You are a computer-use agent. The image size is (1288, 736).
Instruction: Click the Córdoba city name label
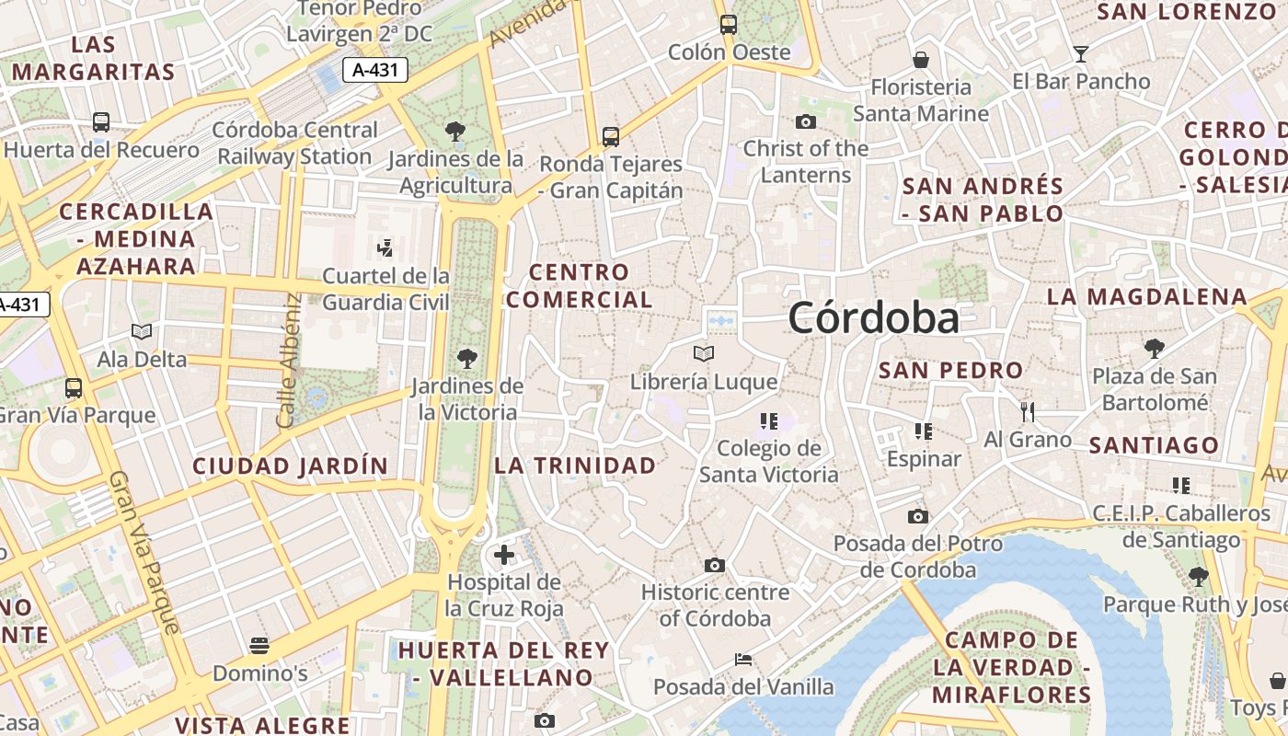pyautogui.click(x=873, y=318)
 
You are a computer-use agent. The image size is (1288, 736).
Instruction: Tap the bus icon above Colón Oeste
pyautogui.click(x=729, y=25)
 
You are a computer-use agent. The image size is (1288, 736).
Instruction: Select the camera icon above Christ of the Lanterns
pyautogui.click(x=806, y=121)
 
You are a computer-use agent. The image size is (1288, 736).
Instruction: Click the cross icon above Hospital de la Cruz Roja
pyautogui.click(x=504, y=555)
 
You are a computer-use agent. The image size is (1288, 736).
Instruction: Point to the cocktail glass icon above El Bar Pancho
pyautogui.click(x=1081, y=54)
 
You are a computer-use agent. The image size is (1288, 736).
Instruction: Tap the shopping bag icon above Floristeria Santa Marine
pyautogui.click(x=921, y=60)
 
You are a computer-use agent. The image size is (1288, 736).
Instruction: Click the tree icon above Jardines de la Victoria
pyautogui.click(x=467, y=359)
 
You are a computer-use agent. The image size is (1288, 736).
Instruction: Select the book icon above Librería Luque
pyautogui.click(x=704, y=353)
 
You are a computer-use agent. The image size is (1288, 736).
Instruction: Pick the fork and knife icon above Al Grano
pyautogui.click(x=1028, y=411)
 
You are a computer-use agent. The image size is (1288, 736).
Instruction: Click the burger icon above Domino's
pyautogui.click(x=259, y=645)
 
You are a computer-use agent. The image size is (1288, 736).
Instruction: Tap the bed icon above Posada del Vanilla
pyautogui.click(x=743, y=659)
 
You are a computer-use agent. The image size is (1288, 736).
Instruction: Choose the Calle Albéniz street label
pyautogui.click(x=288, y=361)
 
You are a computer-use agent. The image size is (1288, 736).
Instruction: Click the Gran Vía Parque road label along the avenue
pyautogui.click(x=144, y=552)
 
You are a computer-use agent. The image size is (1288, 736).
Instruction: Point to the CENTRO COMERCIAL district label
pyautogui.click(x=579, y=286)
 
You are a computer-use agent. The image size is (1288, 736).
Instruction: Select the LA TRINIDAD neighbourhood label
pyautogui.click(x=575, y=466)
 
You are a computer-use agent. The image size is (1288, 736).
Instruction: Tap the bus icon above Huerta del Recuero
pyautogui.click(x=101, y=121)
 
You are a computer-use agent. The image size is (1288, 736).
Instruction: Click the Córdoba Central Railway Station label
pyautogui.click(x=294, y=143)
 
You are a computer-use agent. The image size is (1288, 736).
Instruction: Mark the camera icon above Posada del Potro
pyautogui.click(x=918, y=516)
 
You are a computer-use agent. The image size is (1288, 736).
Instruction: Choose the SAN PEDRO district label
pyautogui.click(x=951, y=371)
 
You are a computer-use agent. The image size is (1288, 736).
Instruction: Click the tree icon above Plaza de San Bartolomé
pyautogui.click(x=1155, y=348)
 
